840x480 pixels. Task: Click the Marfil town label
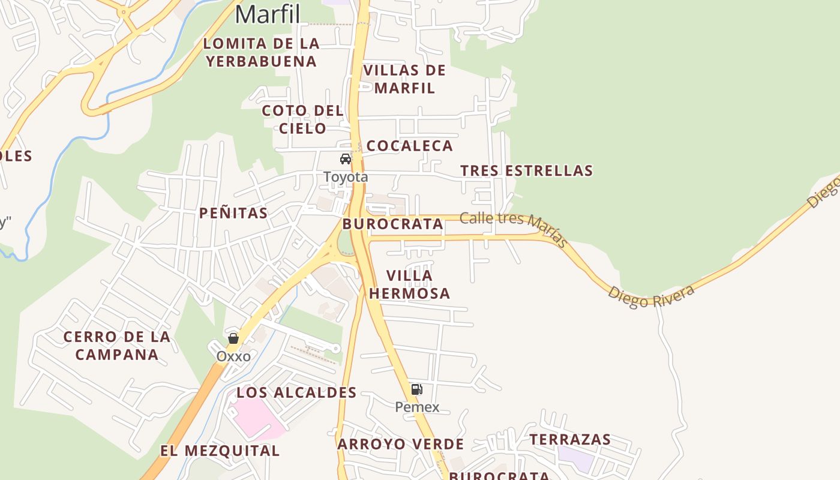pos(267,14)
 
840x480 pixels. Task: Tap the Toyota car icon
pos(346,159)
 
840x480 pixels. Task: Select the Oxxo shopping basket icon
pos(233,338)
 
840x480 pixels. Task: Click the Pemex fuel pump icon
pos(416,389)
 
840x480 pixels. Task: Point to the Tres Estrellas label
pos(526,170)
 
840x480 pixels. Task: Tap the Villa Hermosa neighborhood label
pos(410,284)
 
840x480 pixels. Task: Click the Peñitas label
pos(233,213)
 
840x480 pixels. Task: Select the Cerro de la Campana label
pos(116,346)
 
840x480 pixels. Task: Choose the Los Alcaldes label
pos(296,393)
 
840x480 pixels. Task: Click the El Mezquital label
pos(220,451)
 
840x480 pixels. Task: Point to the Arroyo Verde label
pos(400,445)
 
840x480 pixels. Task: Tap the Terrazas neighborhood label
pos(570,440)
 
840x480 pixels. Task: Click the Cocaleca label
pos(409,146)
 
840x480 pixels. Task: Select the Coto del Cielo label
pos(303,119)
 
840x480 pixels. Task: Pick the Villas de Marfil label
pos(405,79)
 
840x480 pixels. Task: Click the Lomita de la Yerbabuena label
pos(261,52)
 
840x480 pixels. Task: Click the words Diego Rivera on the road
pos(651,296)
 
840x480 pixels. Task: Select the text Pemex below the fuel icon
pos(417,407)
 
